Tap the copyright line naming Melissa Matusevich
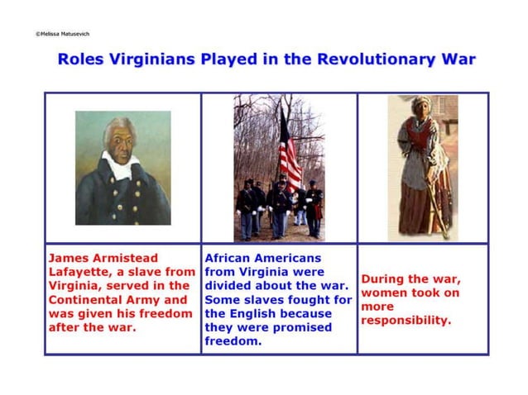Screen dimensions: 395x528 62,34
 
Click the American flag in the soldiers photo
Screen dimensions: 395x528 290,154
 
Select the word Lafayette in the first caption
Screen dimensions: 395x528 79,272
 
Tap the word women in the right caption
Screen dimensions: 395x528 385,293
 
